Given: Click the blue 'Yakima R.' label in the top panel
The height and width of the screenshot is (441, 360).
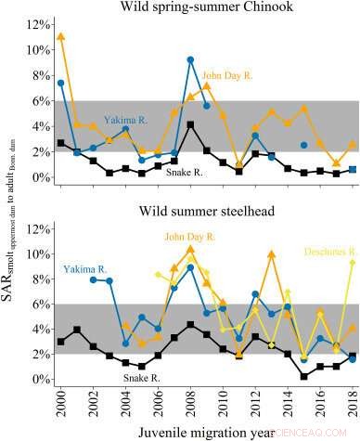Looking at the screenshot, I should (125, 120).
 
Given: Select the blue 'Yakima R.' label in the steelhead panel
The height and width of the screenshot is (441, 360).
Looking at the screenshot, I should (85, 243).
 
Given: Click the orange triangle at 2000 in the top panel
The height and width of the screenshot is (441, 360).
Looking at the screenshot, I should (61, 37).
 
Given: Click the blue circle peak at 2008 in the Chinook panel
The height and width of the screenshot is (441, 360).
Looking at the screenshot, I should (190, 59).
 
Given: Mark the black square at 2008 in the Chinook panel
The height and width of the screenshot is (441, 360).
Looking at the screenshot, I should (190, 124).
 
